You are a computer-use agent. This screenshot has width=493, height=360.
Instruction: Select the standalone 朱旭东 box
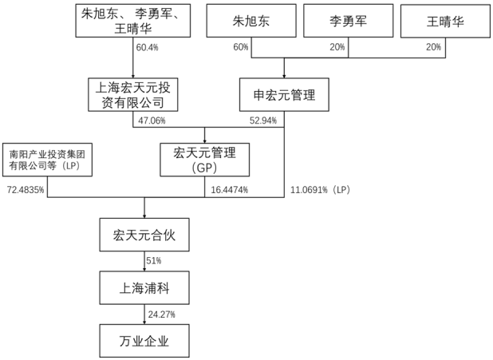[245, 21]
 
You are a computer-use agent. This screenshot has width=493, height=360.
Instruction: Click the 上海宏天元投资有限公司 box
[133, 94]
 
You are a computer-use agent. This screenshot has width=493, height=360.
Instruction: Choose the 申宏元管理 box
[284, 94]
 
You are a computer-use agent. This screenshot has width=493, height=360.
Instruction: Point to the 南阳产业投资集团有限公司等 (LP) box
[46, 158]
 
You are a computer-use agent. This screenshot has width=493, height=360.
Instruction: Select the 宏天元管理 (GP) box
[206, 158]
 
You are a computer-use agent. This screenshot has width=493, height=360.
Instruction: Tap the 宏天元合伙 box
[144, 234]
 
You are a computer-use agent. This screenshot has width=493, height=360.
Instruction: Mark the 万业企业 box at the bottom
[144, 341]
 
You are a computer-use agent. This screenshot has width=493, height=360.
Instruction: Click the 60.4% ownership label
[147, 48]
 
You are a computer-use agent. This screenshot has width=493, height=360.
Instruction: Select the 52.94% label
[262, 121]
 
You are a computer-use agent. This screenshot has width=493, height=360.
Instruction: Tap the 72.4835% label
[26, 190]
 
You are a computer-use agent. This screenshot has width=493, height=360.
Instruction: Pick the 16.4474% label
[230, 190]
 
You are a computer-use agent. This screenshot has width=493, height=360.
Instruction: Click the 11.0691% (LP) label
[319, 190]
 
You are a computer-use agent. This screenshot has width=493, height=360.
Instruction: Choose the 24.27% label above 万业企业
[160, 315]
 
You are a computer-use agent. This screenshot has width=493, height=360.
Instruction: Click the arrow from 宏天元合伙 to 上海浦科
[144, 261]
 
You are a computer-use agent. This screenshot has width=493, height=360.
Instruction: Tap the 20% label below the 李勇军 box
[338, 48]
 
